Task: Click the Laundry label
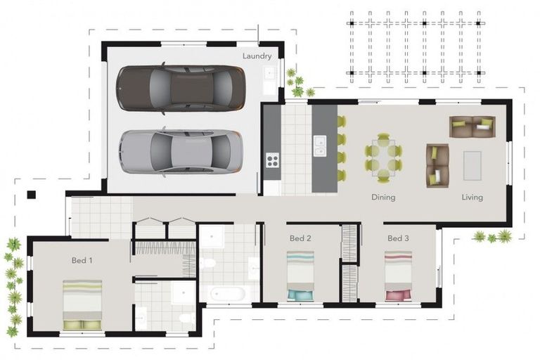[257, 56]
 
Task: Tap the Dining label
[383, 198]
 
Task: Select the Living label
[472, 198]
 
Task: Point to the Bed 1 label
[82, 260]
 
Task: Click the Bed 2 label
[300, 238]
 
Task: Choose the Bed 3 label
[398, 238]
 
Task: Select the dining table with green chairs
[383, 158]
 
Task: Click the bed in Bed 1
[83, 304]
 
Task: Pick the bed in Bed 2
[300, 276]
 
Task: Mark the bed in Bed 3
[398, 276]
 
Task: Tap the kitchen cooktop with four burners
[272, 161]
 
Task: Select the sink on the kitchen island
[320, 146]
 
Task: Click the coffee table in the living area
[472, 165]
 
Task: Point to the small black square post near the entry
[31, 195]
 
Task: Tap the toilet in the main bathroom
[207, 264]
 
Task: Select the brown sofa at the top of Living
[472, 127]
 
